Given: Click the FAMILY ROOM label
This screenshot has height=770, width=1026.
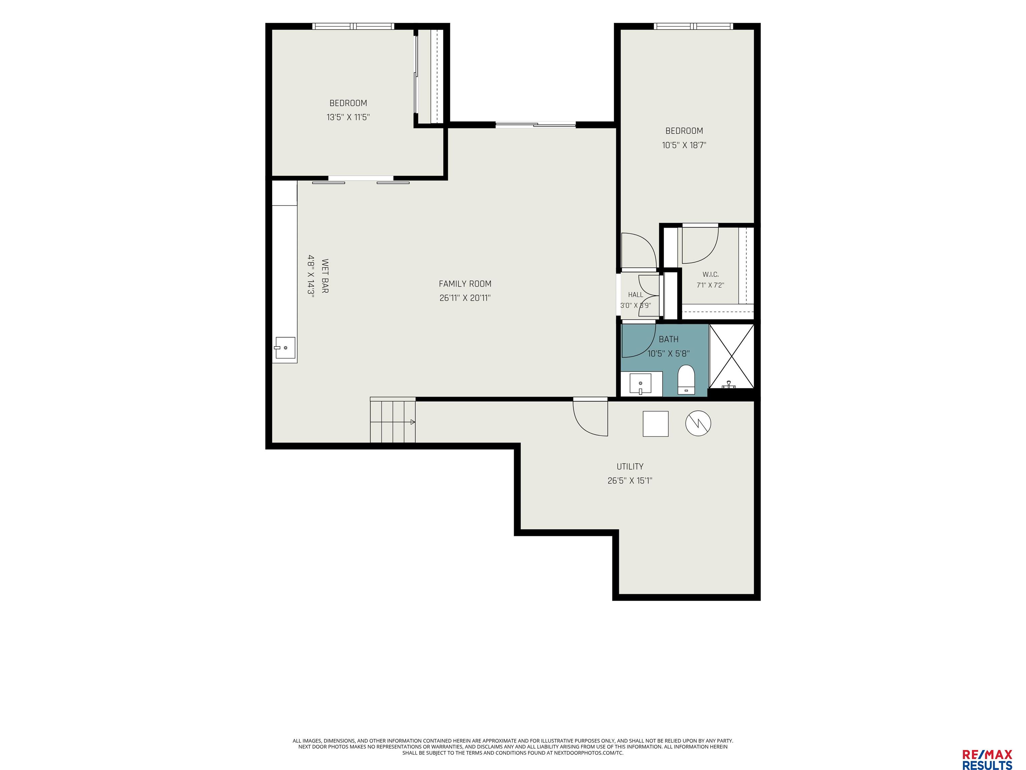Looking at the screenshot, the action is pyautogui.click(x=465, y=284).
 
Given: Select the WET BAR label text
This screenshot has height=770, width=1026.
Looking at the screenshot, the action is pyautogui.click(x=325, y=276).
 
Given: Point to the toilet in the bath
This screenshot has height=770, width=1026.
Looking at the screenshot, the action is pyautogui.click(x=686, y=380).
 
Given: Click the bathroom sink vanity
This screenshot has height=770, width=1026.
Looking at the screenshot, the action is pyautogui.click(x=642, y=384).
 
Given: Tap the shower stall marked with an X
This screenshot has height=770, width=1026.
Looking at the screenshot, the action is pyautogui.click(x=731, y=356).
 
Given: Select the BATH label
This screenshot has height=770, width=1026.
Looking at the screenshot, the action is pyautogui.click(x=668, y=339).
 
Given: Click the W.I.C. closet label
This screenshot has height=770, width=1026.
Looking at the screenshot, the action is pyautogui.click(x=710, y=275).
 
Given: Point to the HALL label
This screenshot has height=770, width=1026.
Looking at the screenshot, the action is pyautogui.click(x=636, y=295).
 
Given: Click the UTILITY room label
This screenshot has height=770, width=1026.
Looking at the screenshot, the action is pyautogui.click(x=630, y=467).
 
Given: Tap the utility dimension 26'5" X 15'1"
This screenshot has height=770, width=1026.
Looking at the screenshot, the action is pyautogui.click(x=630, y=481).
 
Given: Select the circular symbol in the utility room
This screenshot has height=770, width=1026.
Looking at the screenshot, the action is pyautogui.click(x=698, y=423).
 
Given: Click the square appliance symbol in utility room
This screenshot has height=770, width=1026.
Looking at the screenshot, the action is pyautogui.click(x=655, y=424).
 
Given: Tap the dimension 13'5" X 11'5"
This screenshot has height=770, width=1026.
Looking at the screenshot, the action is pyautogui.click(x=348, y=117).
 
